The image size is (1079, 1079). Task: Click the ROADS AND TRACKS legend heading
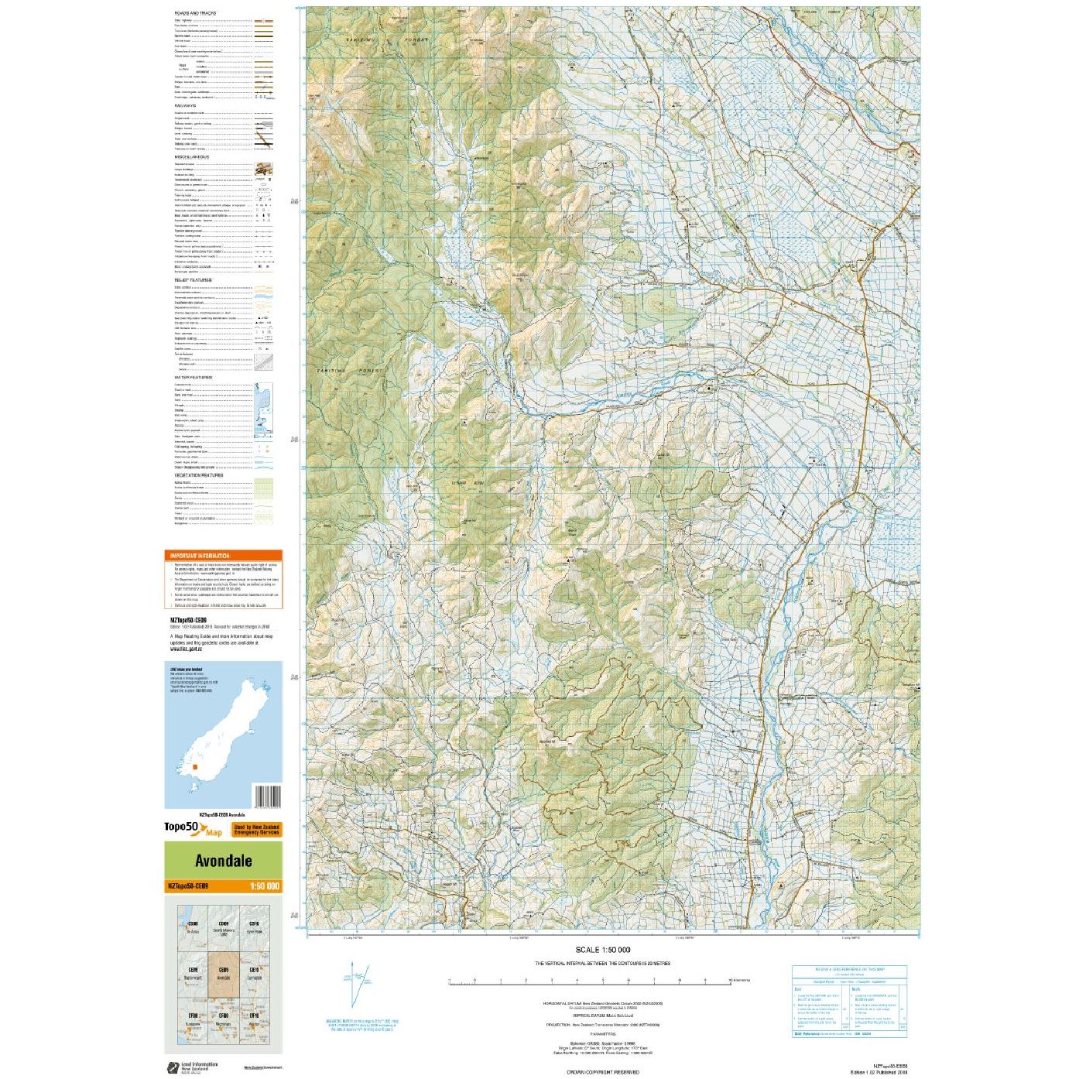195,13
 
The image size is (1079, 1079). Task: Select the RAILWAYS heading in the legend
185,106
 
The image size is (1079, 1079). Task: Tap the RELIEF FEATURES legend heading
193,280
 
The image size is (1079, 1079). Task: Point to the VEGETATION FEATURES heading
199,475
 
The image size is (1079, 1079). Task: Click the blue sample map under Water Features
264,408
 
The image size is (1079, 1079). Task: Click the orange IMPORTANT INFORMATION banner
223,556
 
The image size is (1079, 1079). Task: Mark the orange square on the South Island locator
195,767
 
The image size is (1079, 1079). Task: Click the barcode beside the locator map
267,796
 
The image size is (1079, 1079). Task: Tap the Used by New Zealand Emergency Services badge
256,830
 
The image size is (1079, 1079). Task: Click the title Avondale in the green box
223,861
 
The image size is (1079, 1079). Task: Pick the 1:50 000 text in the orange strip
264,886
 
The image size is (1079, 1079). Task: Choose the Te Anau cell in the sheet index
194,927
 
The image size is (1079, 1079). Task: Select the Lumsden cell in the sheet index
254,973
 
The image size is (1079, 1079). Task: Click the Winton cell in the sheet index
254,1019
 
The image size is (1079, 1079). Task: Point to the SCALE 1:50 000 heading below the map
602,950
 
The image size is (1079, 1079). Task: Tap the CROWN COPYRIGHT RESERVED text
602,1072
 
